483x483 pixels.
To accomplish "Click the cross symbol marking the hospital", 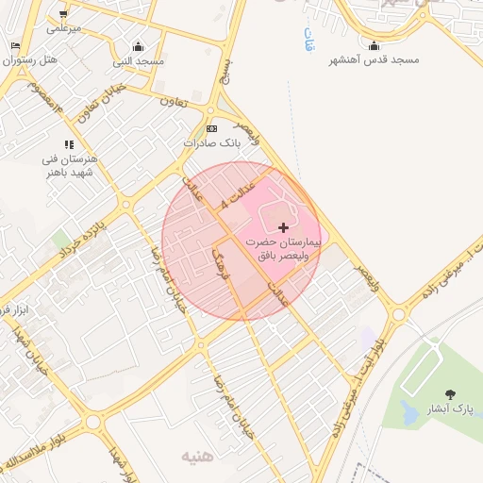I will click(284, 227).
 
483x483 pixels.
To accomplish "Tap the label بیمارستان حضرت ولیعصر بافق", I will click(284, 249).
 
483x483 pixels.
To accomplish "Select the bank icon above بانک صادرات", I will click(211, 128).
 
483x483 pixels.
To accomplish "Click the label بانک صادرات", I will click(212, 144).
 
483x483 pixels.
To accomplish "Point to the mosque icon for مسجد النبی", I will click(139, 47).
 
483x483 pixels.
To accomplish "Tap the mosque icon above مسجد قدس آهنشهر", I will click(375, 46).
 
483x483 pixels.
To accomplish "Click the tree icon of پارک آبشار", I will click(449, 394).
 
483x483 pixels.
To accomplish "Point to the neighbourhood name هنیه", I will click(197, 457).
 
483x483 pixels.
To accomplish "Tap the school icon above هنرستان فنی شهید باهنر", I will click(70, 144).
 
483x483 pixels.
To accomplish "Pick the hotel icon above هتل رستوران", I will click(15, 45).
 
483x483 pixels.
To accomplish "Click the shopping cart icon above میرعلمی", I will click(63, 14).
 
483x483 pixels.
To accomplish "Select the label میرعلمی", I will click(63, 28).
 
